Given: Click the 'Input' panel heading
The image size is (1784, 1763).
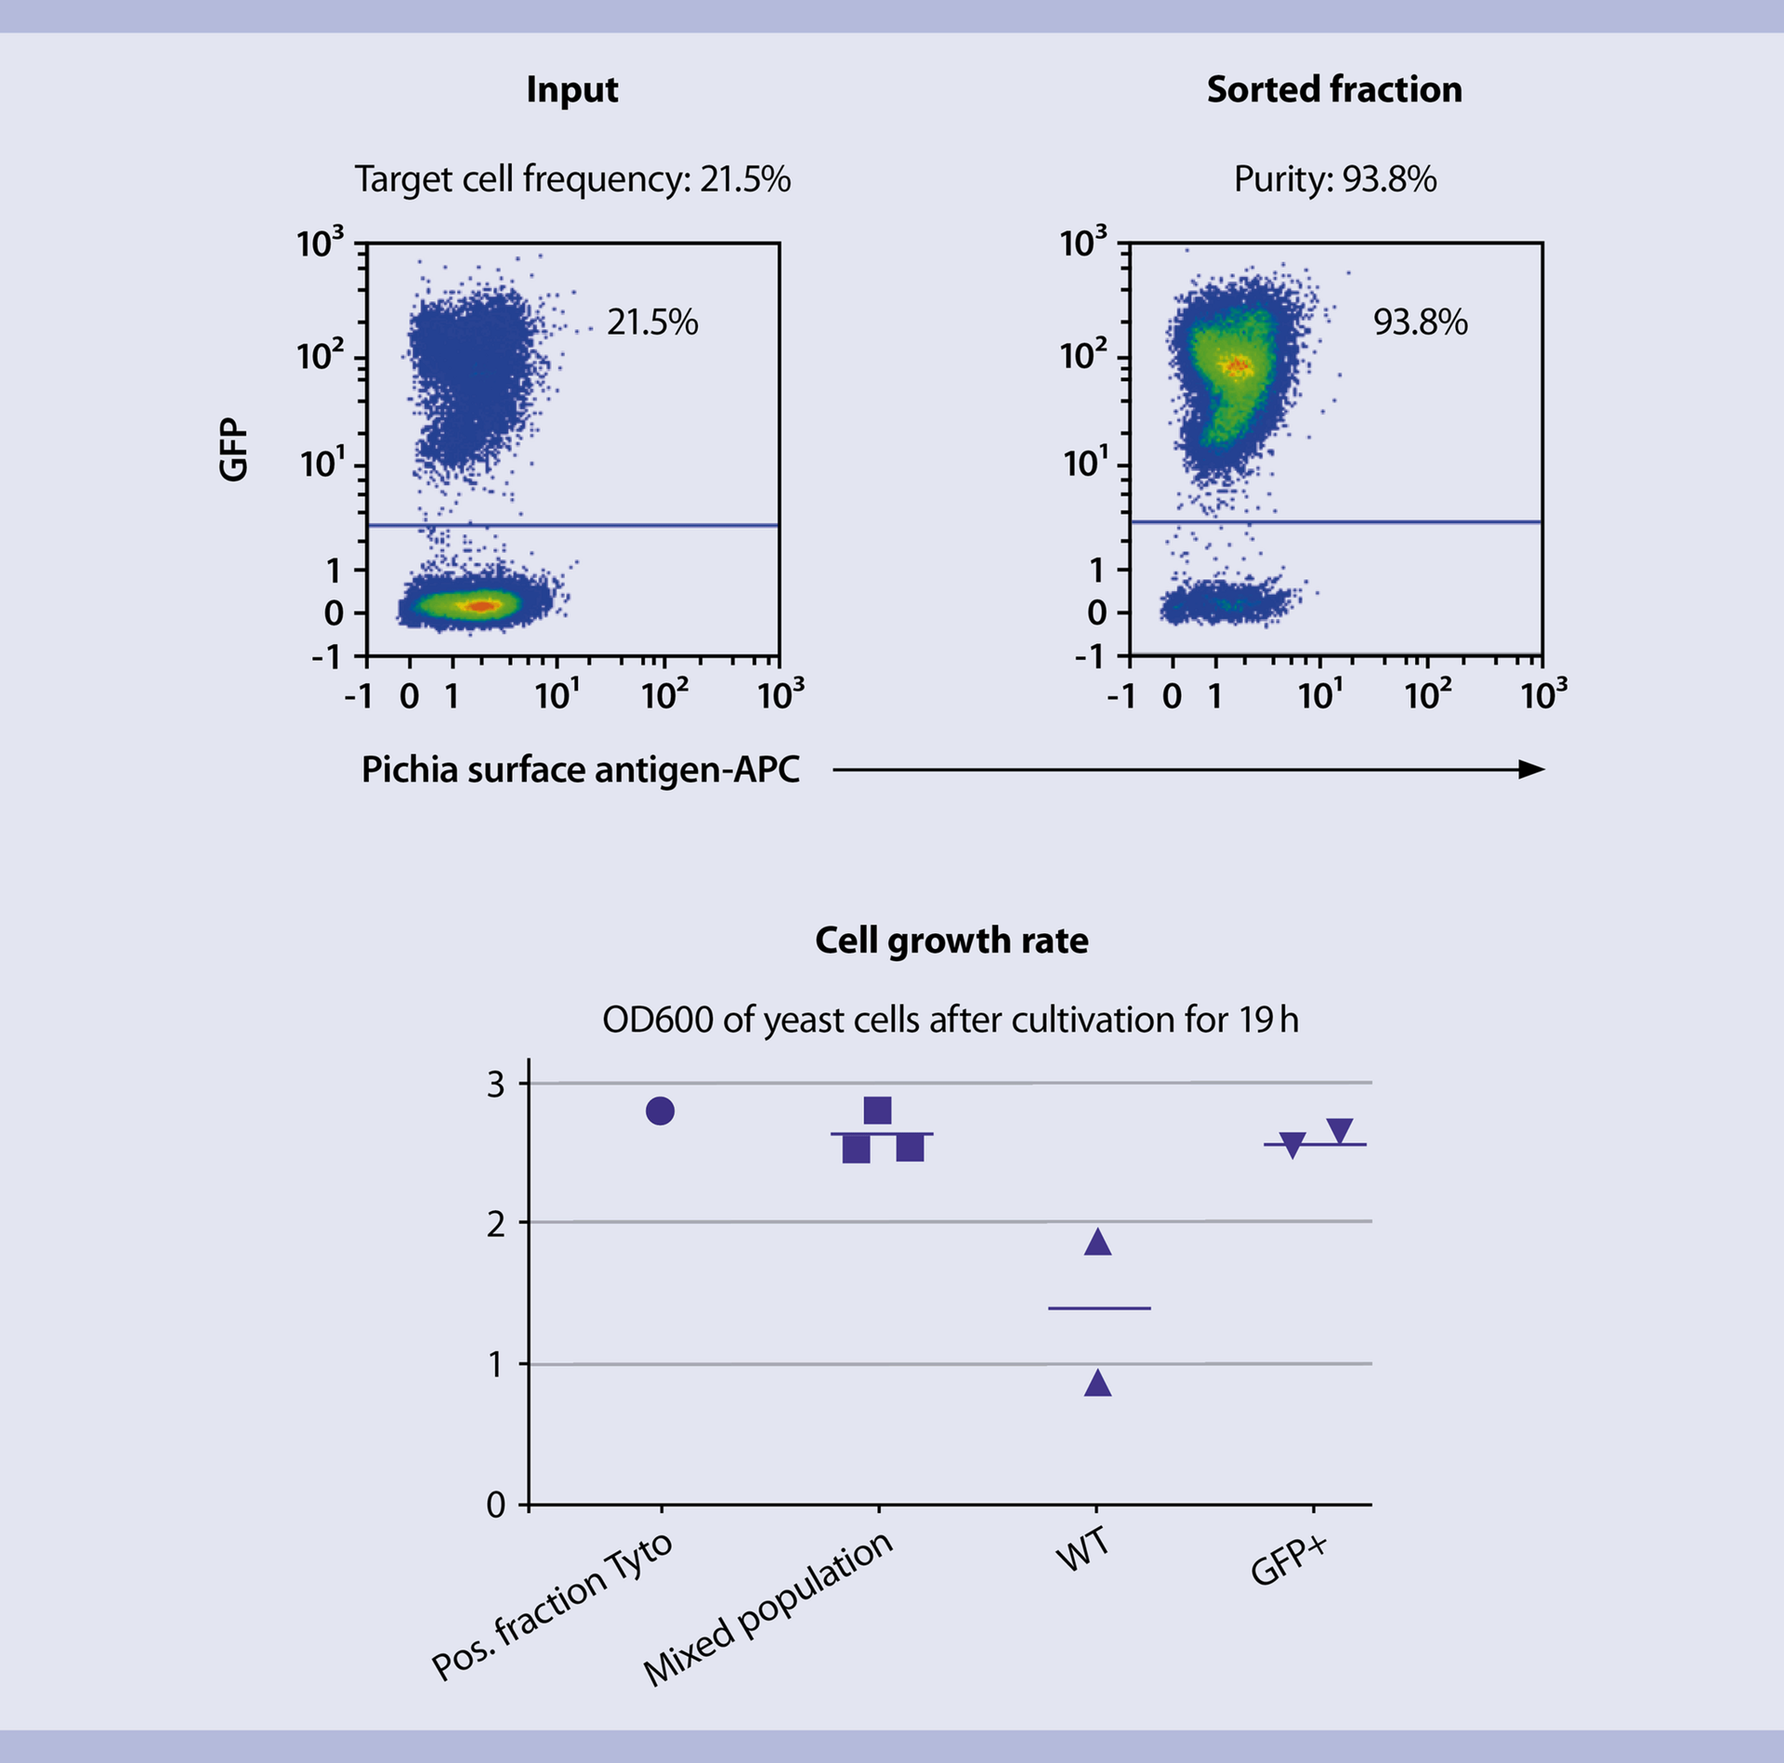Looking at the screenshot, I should pyautogui.click(x=571, y=90).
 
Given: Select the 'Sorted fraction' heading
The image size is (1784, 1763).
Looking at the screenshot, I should pyautogui.click(x=1333, y=90).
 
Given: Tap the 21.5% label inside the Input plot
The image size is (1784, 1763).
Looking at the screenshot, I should pyautogui.click(x=652, y=322).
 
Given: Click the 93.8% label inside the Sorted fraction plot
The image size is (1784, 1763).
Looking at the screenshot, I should pyautogui.click(x=1420, y=322).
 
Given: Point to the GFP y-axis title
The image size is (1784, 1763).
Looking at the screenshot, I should pyautogui.click(x=234, y=450).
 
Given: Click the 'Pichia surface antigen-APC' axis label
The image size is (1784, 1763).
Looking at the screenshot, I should pyautogui.click(x=580, y=770).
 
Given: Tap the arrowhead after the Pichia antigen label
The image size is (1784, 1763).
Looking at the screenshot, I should pyautogui.click(x=1530, y=770).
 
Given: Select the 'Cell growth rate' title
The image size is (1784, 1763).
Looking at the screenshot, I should pyautogui.click(x=951, y=941).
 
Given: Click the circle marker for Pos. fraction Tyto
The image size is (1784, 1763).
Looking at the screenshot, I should pyautogui.click(x=660, y=1111).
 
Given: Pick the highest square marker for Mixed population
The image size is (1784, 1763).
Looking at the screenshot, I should pyautogui.click(x=877, y=1110).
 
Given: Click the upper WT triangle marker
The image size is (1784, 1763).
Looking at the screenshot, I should pyautogui.click(x=1097, y=1243).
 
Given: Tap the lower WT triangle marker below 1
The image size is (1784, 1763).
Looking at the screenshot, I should pyautogui.click(x=1097, y=1384).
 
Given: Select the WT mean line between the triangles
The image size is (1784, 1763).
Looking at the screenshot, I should pyautogui.click(x=1099, y=1309).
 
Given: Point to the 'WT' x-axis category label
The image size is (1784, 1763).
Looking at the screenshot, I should pyautogui.click(x=1082, y=1549).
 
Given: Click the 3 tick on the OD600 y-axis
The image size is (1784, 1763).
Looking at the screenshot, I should pyautogui.click(x=496, y=1085).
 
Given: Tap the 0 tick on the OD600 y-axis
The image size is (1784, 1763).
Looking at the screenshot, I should pyautogui.click(x=496, y=1505).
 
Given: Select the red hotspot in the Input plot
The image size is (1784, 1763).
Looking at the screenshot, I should pyautogui.click(x=480, y=606).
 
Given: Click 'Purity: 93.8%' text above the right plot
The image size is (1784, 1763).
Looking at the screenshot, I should pyautogui.click(x=1334, y=179).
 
